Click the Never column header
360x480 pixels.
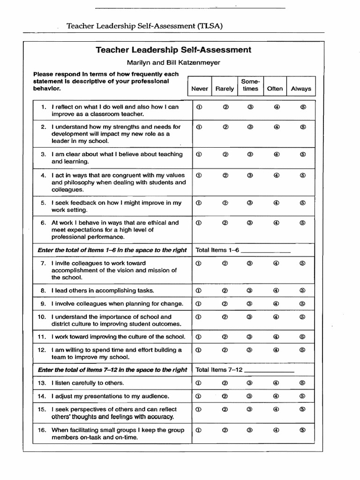[x=200, y=89]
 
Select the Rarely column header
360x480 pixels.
[x=225, y=89]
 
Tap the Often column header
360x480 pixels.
[x=275, y=89]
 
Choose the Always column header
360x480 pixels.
[x=301, y=89]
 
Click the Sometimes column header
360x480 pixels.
[x=250, y=85]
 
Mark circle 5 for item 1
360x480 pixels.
[x=303, y=107]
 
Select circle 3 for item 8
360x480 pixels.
[x=250, y=291]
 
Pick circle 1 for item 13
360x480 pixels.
[x=198, y=382]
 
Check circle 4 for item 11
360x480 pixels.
[x=277, y=337]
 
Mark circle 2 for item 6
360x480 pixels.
[x=225, y=223]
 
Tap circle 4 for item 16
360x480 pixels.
[x=277, y=430]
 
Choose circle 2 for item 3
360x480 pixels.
[x=225, y=154]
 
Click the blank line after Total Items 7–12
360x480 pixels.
[x=270, y=371]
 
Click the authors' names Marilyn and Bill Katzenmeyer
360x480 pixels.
[x=173, y=62]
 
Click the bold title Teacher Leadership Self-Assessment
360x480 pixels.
[x=173, y=50]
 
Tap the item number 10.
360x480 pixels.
[x=42, y=317]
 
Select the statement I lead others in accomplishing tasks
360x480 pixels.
[x=103, y=291]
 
